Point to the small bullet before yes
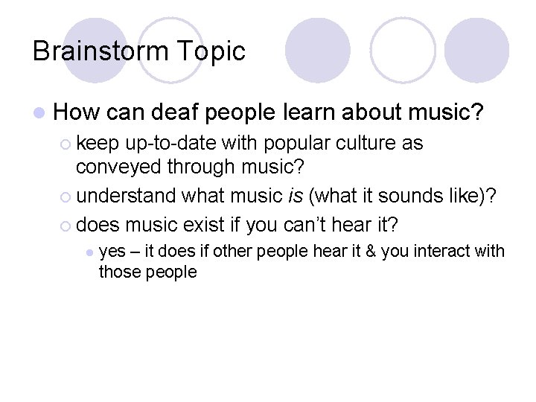click(89, 252)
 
